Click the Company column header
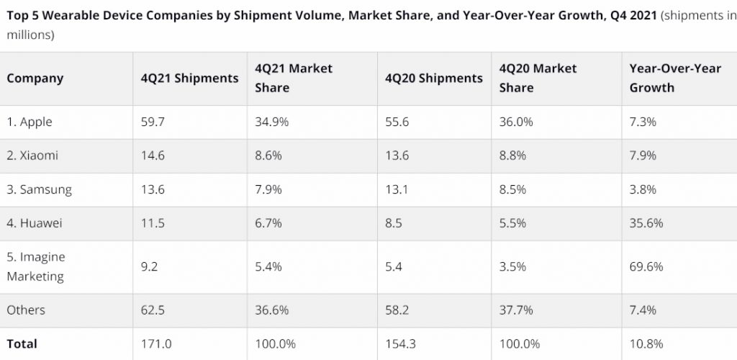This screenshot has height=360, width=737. click(x=35, y=78)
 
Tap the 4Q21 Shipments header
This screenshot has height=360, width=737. click(x=189, y=78)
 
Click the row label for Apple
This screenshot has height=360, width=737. click(x=30, y=122)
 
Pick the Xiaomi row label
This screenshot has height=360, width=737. click(x=32, y=156)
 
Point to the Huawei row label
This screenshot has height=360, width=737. click(x=35, y=223)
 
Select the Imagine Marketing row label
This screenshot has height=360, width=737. click(x=35, y=266)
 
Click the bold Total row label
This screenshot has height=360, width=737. click(x=22, y=344)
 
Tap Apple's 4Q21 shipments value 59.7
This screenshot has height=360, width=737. click(x=153, y=122)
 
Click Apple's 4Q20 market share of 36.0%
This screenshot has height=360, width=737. click(x=516, y=122)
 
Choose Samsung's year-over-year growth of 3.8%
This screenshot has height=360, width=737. click(x=643, y=190)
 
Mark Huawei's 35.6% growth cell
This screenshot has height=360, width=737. click(x=646, y=223)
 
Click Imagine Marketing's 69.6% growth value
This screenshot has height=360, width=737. click(x=646, y=266)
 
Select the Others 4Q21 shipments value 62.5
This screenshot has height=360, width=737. click(x=153, y=310)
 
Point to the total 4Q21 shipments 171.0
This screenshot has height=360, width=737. click(x=156, y=344)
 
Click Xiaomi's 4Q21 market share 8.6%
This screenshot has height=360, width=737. click(x=268, y=156)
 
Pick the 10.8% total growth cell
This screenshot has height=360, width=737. click(x=646, y=344)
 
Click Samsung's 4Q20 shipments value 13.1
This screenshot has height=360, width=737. click(x=398, y=190)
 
